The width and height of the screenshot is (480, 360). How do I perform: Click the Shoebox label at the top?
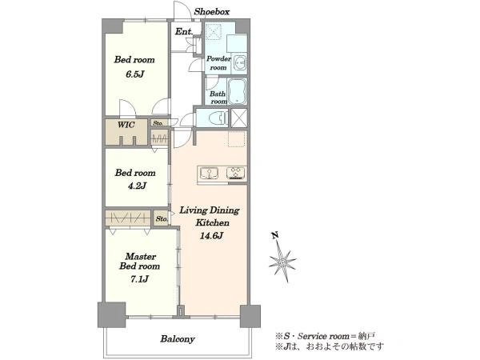coord(211,12)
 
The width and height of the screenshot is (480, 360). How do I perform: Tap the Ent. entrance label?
coord(184,31)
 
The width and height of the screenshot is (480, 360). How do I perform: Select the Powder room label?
coord(218,62)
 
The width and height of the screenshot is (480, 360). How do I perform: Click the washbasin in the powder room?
coord(239,63)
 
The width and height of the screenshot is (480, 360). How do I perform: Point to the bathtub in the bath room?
coord(238,91)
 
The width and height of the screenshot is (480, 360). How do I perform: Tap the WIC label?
coord(126,125)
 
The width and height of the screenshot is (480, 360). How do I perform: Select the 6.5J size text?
coord(134,74)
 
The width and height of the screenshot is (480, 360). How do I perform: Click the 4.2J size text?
coord(137,186)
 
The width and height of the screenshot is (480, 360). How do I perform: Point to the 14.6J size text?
coord(211,236)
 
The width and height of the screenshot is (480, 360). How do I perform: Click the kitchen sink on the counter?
coord(209,174)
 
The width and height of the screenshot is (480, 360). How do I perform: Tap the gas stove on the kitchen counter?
coord(236,174)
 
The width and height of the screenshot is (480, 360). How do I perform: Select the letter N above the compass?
coord(275,235)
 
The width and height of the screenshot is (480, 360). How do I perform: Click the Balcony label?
coord(178,339)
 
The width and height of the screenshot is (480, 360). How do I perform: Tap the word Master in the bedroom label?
coord(141,256)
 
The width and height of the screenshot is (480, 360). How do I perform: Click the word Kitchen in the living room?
coord(213,222)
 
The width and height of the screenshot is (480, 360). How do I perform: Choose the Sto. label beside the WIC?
coord(158,123)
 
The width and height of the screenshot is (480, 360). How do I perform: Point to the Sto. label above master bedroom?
coord(162,218)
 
